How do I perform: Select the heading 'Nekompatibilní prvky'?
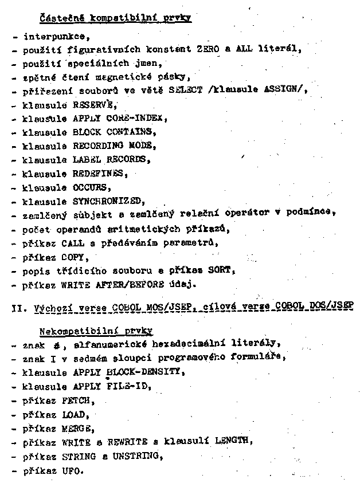[x=96, y=331]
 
